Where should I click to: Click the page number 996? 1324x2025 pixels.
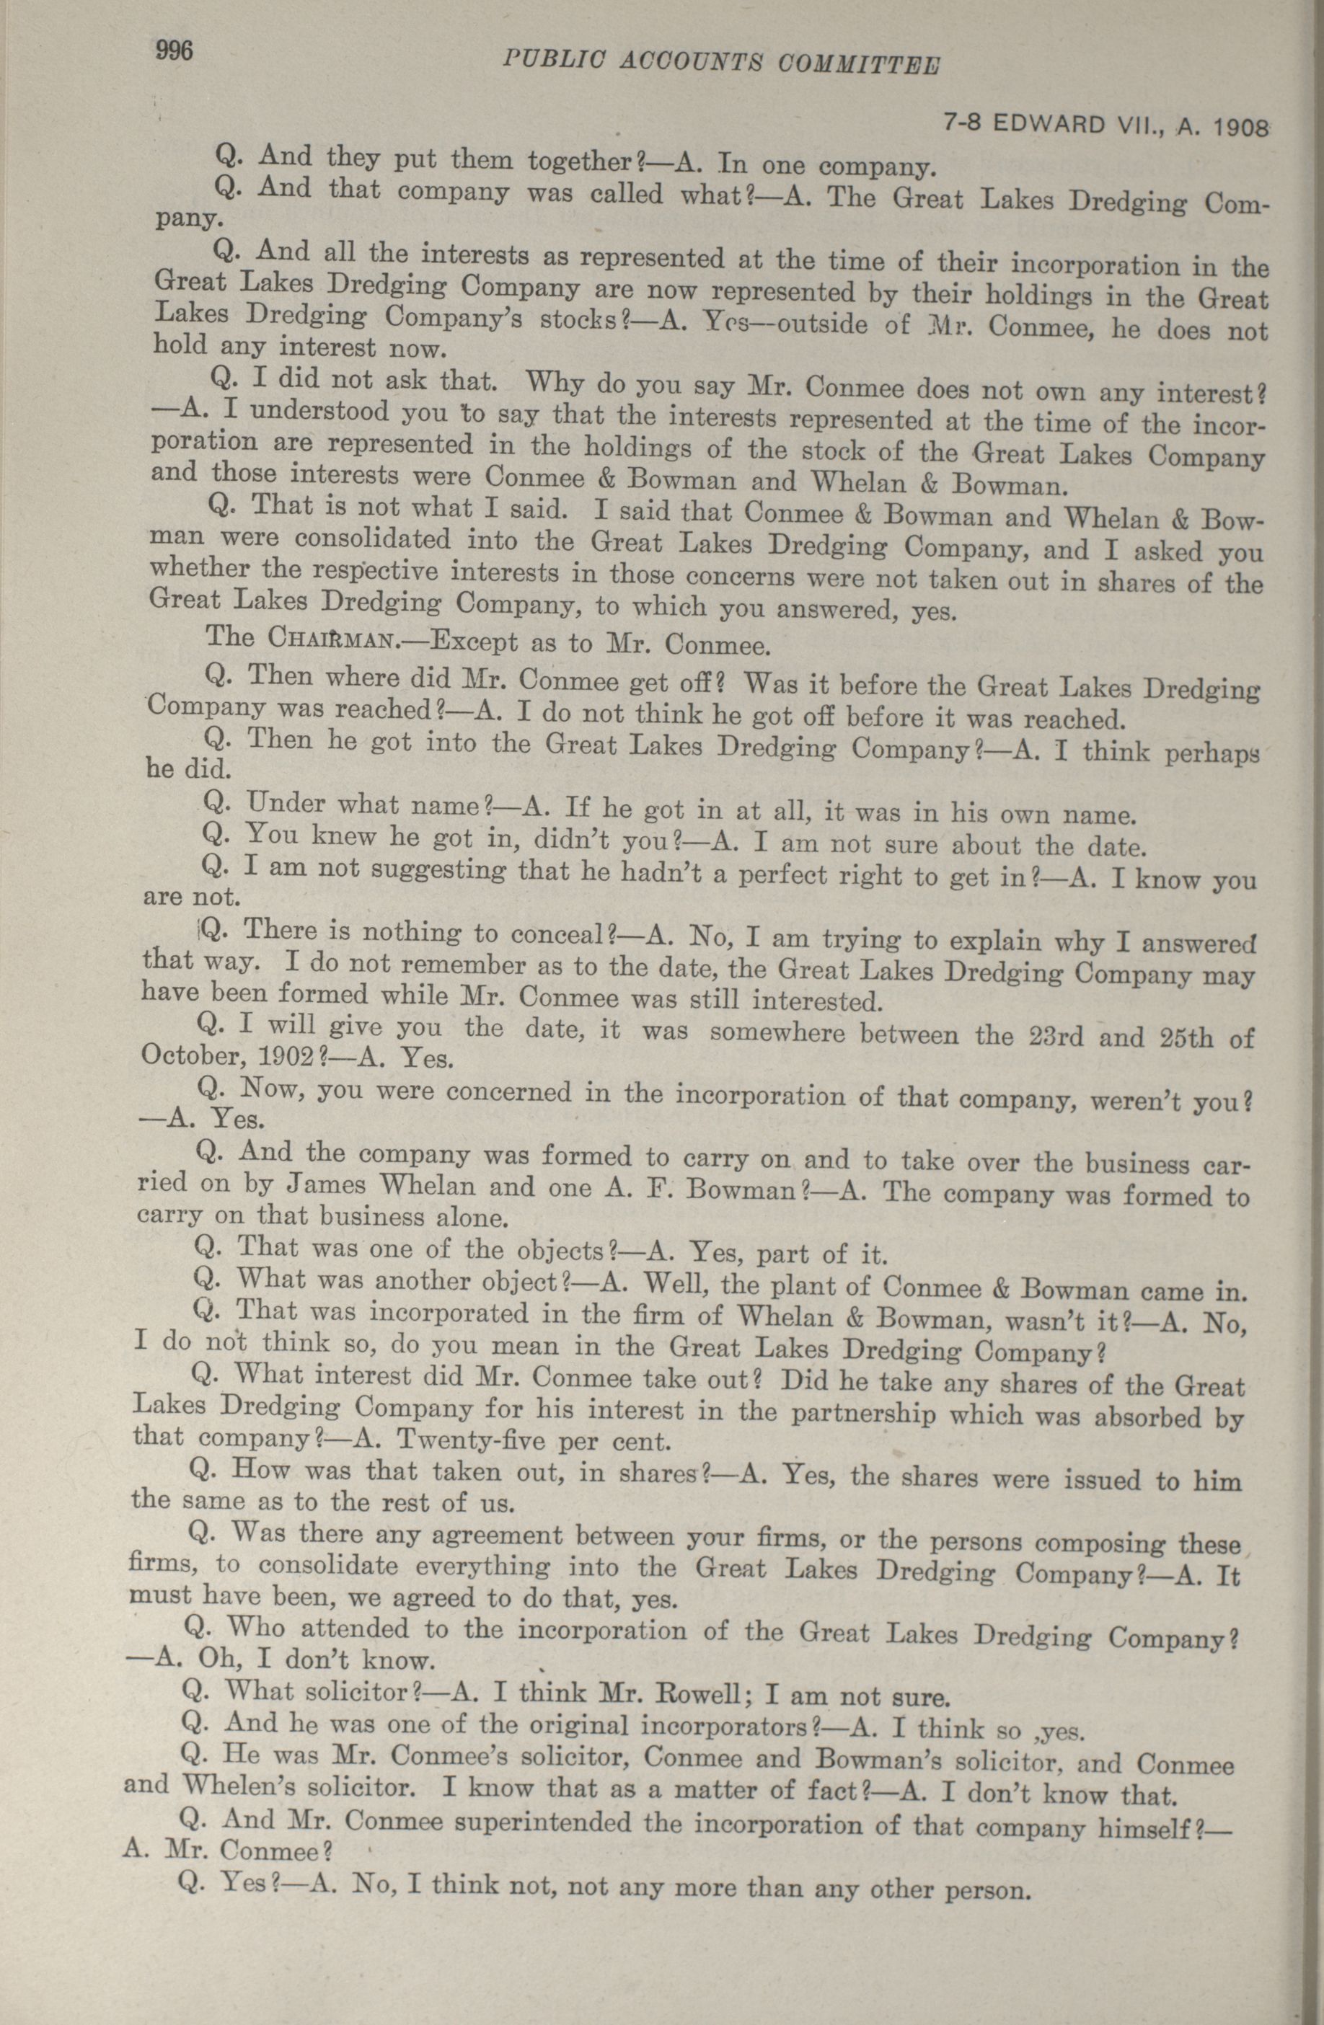coord(175,50)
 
